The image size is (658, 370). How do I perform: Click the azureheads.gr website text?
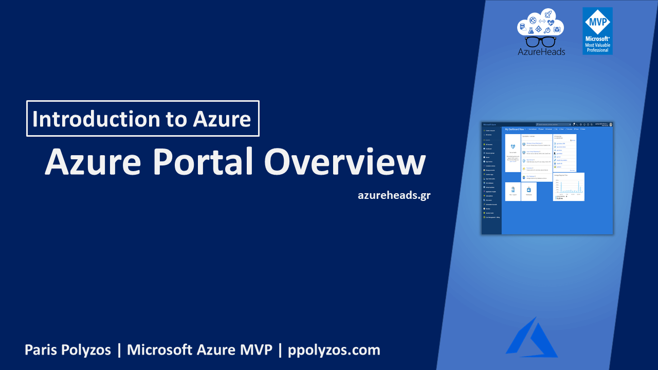[394, 195]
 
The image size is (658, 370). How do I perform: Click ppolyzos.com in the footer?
[334, 350]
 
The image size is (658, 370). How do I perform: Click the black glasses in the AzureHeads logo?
[541, 41]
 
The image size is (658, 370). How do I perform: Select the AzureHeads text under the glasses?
[541, 51]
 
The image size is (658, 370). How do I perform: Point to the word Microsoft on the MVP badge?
[597, 39]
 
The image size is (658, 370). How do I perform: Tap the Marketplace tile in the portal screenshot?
[529, 191]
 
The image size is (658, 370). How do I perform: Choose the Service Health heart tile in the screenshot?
[513, 148]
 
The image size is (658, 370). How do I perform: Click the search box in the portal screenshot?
[553, 124]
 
